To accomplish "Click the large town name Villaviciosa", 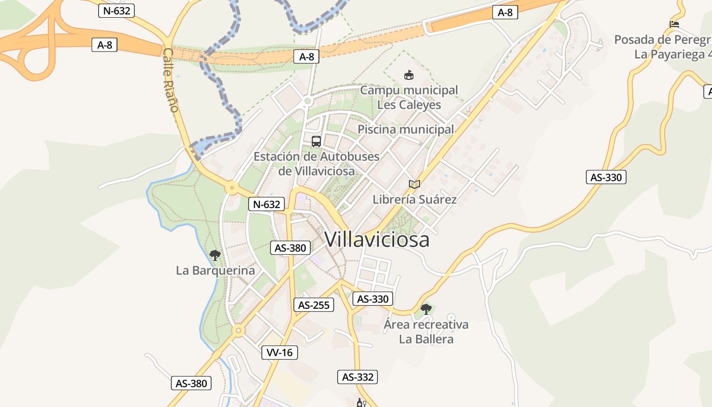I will [377, 240].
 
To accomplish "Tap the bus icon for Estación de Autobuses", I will [316, 141].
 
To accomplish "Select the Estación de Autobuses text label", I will [316, 163].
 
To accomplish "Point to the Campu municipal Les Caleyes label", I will [409, 97].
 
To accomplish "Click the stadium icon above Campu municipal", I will [408, 75].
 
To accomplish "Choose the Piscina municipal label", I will [405, 129].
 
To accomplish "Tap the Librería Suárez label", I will [414, 199].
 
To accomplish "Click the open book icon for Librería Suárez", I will [414, 184].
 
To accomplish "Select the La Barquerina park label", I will [215, 270].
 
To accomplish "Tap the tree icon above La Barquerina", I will [215, 255].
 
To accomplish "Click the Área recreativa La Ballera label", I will [426, 332].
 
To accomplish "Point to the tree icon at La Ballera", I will [426, 309].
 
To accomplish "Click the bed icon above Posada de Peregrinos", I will [674, 24].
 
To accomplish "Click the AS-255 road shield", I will [314, 305].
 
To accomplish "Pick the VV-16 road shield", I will [280, 353].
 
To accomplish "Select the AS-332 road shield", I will [358, 377].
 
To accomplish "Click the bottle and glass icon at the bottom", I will [361, 403].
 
